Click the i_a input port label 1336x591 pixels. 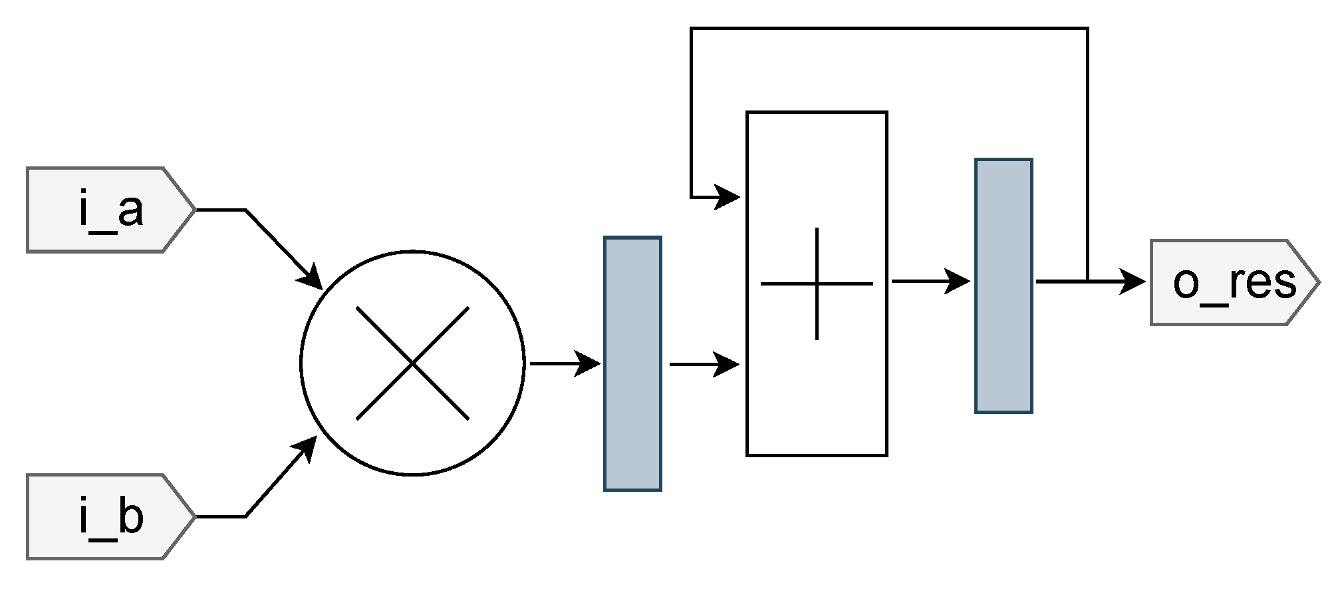[110, 210]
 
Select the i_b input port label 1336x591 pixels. [110, 517]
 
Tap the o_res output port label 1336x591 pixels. [1234, 283]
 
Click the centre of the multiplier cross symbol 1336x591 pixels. [413, 363]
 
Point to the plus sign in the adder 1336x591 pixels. [817, 284]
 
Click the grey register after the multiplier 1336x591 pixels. [632, 363]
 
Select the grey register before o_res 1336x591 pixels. [1003, 286]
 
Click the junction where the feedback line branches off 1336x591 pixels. [1087, 282]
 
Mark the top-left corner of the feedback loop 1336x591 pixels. [692, 29]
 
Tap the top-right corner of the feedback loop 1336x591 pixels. [1087, 29]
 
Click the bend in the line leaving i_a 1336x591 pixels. [246, 210]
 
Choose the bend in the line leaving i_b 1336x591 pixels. [246, 516]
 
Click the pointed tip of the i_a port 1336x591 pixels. [195, 210]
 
